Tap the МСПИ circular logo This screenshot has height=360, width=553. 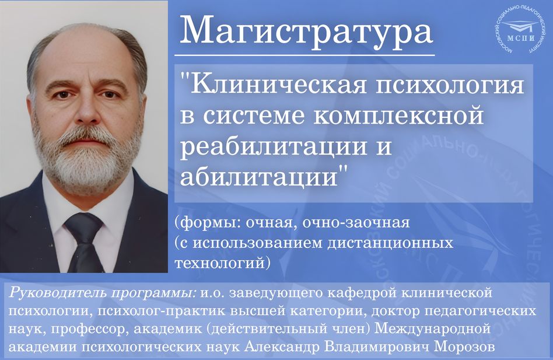point(520,32)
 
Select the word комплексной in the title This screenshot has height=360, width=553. point(398,116)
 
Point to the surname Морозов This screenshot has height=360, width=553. point(464,347)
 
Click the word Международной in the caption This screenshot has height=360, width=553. point(432,329)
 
